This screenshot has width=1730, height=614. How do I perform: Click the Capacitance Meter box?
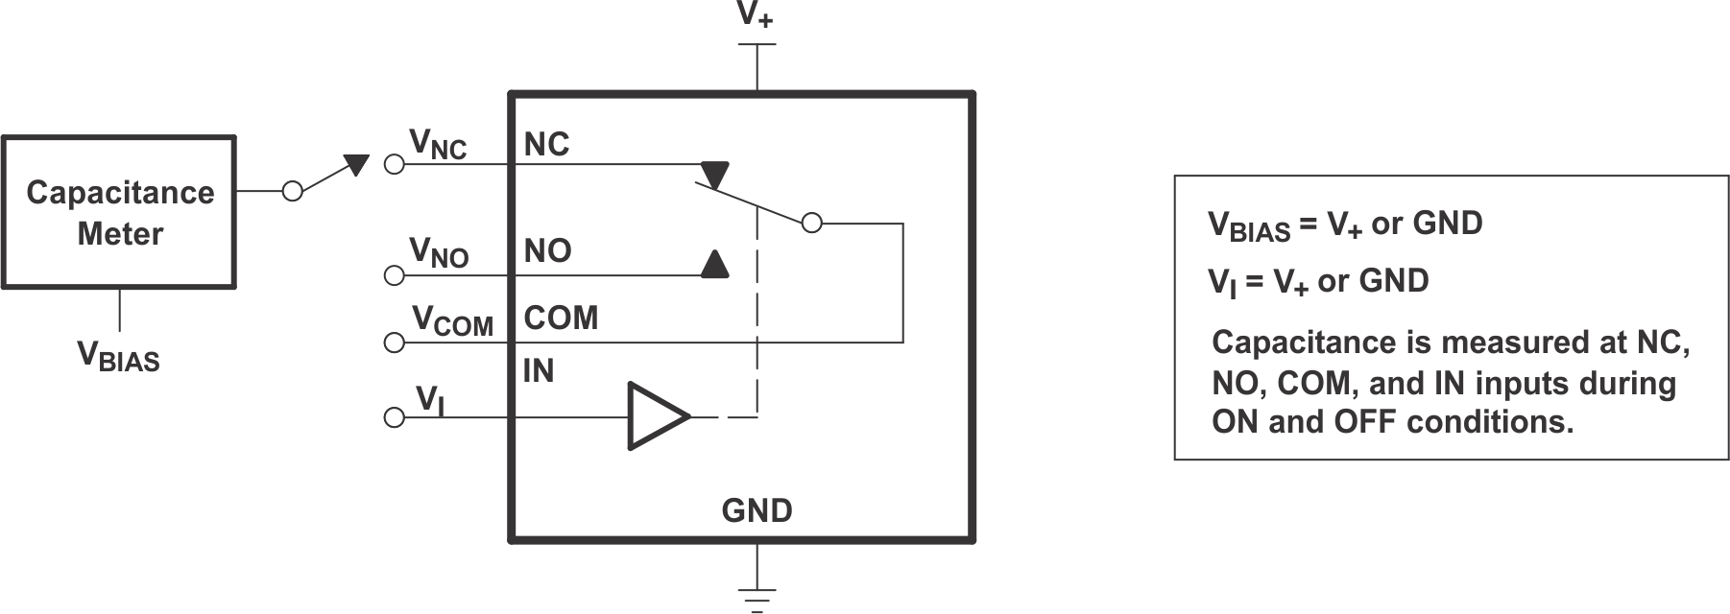119,212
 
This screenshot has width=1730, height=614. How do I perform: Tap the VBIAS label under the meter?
118,356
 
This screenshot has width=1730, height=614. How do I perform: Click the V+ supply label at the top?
756,16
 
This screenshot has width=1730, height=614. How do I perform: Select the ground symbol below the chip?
757,597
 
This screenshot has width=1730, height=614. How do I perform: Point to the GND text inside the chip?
757,510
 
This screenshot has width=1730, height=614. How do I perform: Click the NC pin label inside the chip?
546,145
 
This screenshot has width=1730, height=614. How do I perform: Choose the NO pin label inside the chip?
547,251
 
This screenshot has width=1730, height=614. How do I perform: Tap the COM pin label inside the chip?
561,318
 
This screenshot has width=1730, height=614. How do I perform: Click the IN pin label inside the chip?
539,371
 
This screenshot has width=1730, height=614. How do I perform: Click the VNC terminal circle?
394,164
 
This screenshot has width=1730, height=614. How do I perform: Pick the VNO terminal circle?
394,276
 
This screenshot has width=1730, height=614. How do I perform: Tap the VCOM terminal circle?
394,342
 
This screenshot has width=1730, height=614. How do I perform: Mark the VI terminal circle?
394,417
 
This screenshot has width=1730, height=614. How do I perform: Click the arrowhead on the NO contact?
714,265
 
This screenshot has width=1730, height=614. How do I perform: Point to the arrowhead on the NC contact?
714,175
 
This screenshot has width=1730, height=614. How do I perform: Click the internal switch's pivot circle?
811,224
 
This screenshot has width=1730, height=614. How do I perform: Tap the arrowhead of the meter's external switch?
356,165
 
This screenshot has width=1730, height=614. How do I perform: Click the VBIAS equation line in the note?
1344,224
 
